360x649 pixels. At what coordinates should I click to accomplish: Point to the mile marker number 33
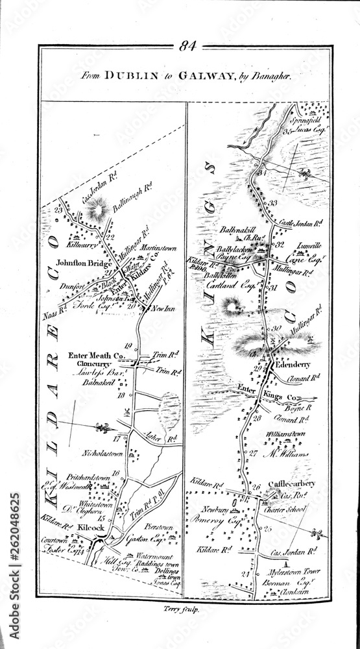273,203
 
